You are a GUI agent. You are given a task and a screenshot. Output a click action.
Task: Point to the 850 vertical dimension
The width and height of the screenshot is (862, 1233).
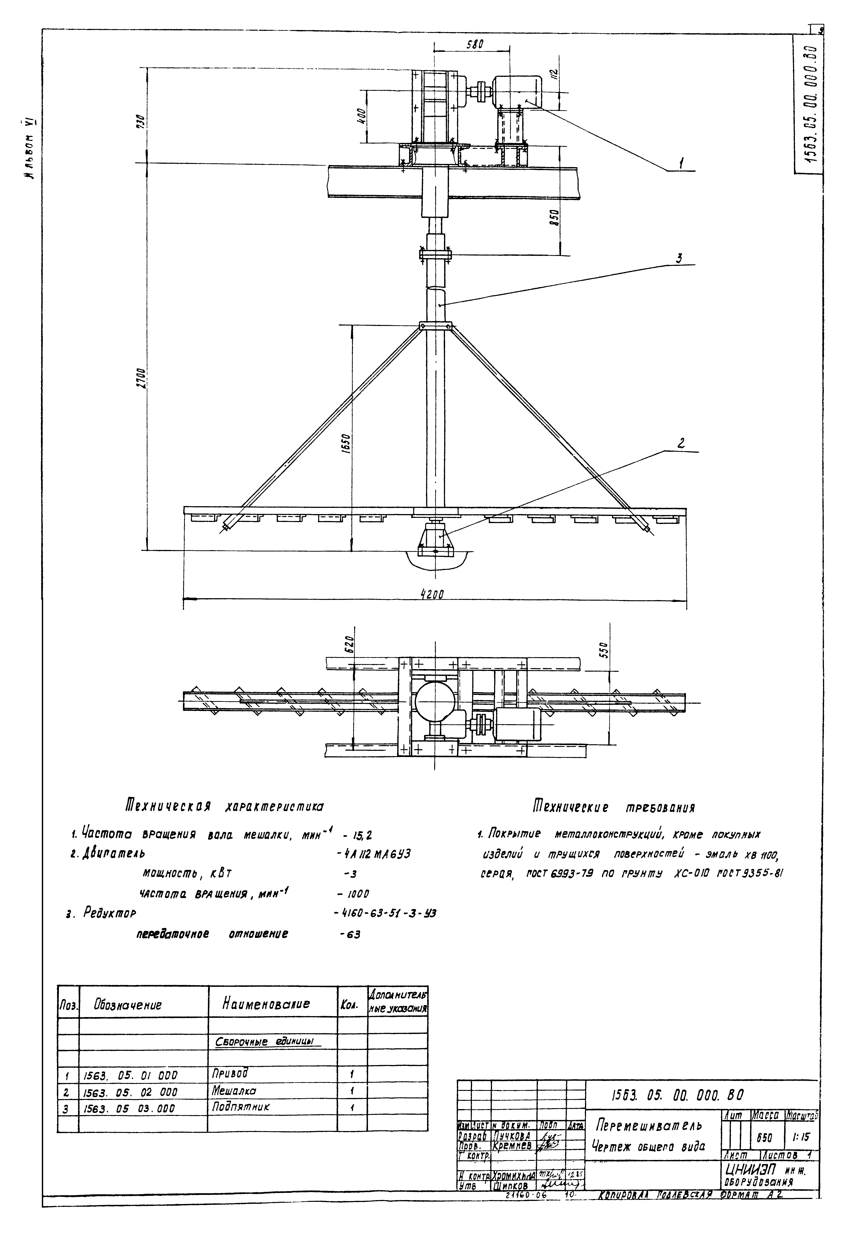pyautogui.click(x=556, y=217)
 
